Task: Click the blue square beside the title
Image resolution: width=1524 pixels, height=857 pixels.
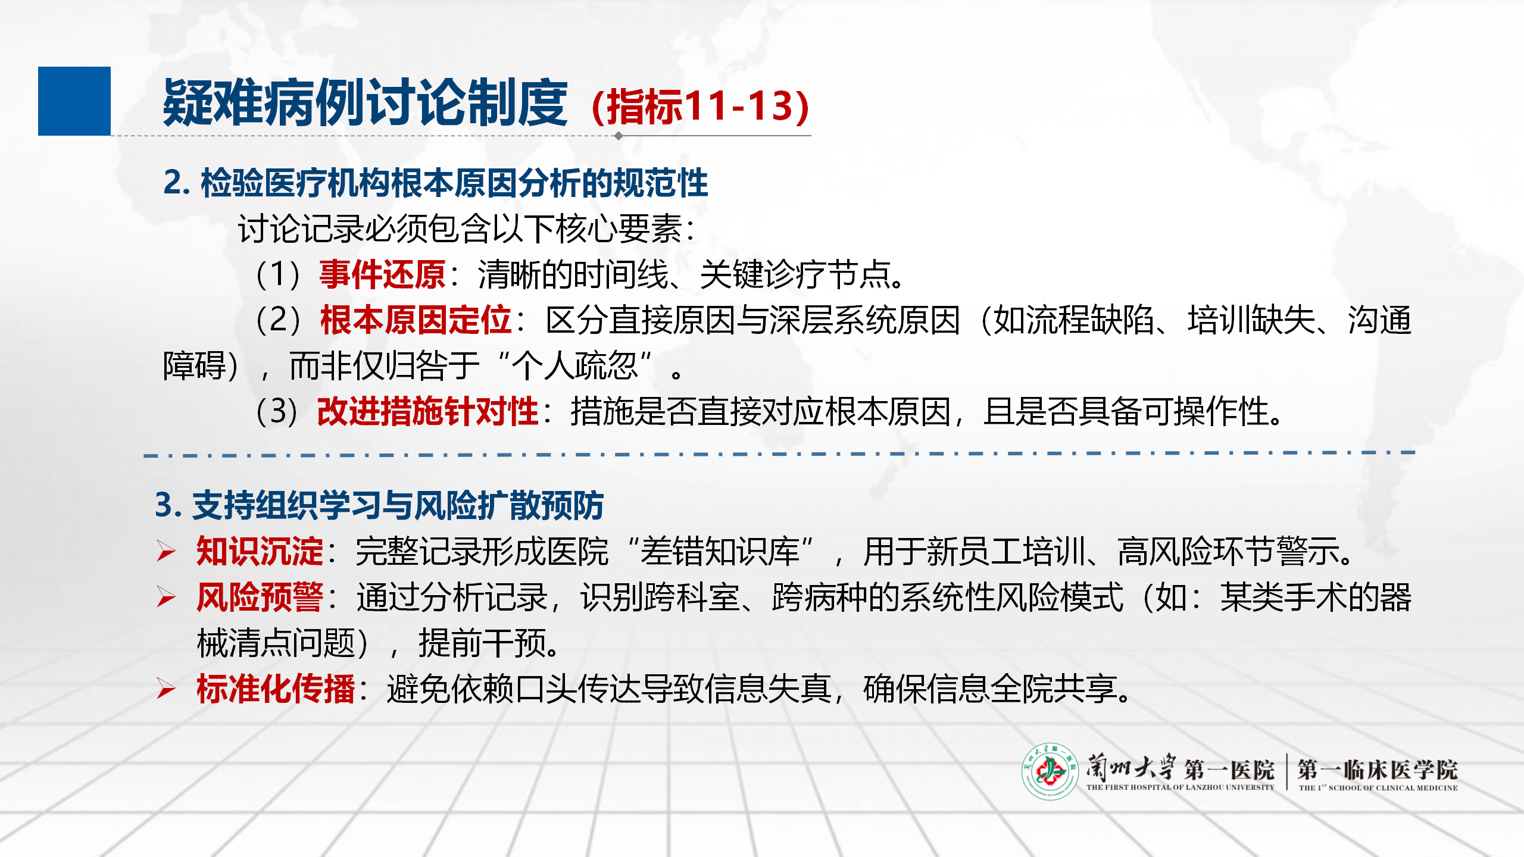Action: tap(74, 101)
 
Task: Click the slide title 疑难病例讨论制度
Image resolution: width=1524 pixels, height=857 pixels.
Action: tap(366, 103)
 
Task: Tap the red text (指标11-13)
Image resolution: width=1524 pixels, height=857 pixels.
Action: tap(701, 107)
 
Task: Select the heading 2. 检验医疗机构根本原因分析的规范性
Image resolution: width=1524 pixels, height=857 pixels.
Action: tap(436, 182)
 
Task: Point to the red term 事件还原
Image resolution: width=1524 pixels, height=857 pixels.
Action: tap(382, 274)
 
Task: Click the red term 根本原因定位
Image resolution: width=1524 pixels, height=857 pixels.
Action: tap(416, 320)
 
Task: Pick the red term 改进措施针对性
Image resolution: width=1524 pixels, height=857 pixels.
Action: tap(427, 411)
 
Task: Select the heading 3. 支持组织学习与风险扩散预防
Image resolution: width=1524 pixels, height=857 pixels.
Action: tap(380, 505)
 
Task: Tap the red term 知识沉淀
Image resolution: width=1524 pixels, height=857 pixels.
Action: tap(260, 551)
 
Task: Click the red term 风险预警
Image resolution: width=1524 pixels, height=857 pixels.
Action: tap(260, 597)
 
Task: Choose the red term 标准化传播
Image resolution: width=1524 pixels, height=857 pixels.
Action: tap(276, 689)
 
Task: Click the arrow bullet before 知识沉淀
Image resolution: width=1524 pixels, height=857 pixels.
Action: tap(166, 552)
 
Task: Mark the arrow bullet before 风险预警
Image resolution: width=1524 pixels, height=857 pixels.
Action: tap(166, 597)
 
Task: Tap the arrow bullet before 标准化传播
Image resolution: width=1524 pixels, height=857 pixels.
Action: tap(166, 689)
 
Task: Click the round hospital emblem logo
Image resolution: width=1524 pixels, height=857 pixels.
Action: tap(1050, 771)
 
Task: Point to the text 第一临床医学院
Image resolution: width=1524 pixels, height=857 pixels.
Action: tap(1378, 770)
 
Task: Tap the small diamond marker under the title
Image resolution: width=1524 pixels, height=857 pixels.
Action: tap(619, 136)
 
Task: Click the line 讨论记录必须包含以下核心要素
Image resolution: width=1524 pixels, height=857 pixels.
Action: tap(467, 229)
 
